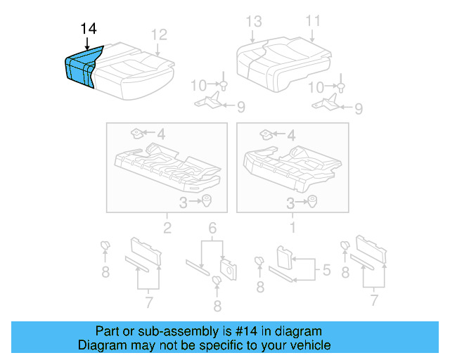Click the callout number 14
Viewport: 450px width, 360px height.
click(89, 29)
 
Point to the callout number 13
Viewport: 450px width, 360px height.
click(253, 21)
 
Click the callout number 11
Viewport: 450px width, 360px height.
click(312, 21)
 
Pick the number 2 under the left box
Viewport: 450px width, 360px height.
click(167, 227)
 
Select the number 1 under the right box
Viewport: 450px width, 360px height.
click(292, 227)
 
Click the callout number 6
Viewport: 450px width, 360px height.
click(212, 227)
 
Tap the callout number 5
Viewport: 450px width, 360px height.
click(326, 269)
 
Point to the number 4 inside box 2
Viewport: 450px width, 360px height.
click(161, 133)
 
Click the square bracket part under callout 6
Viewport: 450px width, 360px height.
click(228, 267)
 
